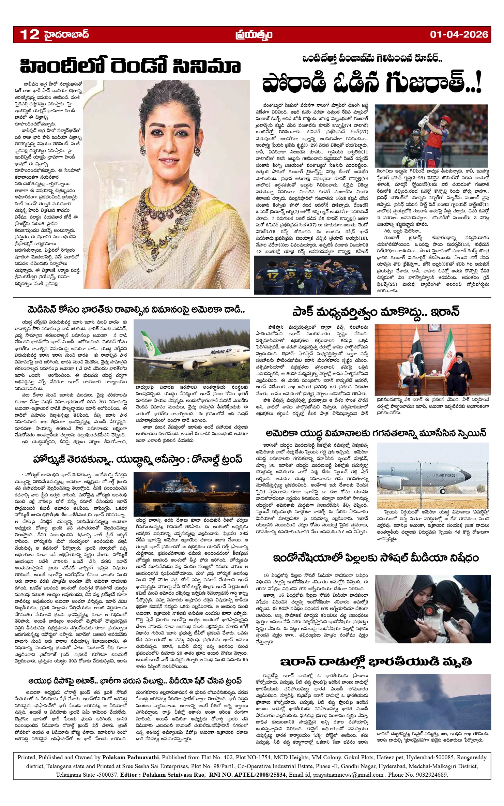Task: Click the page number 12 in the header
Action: tap(30, 34)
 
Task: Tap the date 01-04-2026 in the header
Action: tap(459, 34)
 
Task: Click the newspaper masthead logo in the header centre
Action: tap(254, 34)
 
